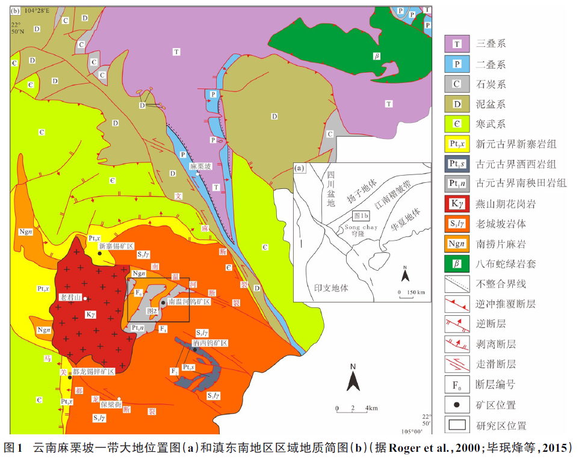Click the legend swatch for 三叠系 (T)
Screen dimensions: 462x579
457,45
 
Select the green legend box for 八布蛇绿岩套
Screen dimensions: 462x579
457,263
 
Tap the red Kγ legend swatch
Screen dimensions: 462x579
457,204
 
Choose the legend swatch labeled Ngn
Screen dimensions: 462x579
457,244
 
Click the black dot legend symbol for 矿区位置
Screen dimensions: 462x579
457,405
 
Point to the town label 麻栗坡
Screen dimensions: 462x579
200,166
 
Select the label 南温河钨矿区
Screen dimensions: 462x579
189,301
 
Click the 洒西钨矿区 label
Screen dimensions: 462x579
209,342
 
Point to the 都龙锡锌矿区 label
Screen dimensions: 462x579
93,372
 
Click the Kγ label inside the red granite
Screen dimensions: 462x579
91,313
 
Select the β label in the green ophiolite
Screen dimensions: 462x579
377,56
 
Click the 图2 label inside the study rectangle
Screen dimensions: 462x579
153,311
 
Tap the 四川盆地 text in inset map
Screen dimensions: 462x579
330,189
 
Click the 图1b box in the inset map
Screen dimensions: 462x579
361,215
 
